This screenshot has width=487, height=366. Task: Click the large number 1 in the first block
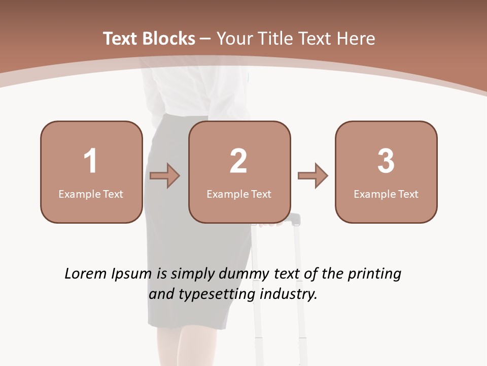[90, 161]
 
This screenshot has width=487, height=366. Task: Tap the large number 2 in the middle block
[238, 161]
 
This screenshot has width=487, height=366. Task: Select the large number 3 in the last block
[386, 161]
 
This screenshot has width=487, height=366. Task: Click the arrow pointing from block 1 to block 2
[165, 176]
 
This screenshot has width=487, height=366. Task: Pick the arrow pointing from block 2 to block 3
[313, 176]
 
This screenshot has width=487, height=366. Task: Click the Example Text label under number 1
[91, 194]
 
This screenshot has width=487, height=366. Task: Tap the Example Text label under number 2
[239, 194]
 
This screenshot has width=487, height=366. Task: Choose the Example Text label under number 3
[386, 194]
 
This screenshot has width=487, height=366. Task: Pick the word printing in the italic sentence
[374, 274]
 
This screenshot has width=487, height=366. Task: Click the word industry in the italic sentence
[288, 294]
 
